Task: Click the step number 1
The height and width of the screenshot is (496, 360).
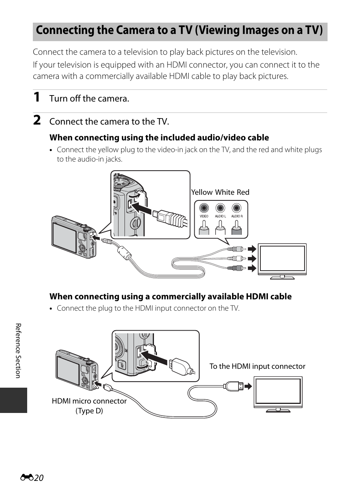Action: point(36,97)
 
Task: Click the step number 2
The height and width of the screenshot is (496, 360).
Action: point(37,120)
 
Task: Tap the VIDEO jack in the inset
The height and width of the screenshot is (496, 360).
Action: point(204,208)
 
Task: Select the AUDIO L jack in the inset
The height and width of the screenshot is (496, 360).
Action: point(220,208)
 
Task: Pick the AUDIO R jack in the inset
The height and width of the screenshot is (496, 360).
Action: point(237,208)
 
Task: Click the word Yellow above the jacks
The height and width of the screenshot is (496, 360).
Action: point(202,192)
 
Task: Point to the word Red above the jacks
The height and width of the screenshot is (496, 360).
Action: point(243,192)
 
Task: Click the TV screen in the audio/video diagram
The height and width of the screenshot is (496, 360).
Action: point(282,259)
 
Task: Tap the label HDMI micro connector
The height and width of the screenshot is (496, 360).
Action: point(89,401)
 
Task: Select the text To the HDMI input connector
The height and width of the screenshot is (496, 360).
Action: point(257,366)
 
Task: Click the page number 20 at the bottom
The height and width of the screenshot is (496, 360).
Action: point(38,478)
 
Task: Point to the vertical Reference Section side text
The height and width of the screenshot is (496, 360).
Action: point(18,351)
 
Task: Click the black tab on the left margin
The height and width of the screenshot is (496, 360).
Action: point(14,400)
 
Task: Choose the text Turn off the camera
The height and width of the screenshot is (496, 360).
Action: point(89,99)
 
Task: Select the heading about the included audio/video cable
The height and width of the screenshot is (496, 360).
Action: point(159,137)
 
